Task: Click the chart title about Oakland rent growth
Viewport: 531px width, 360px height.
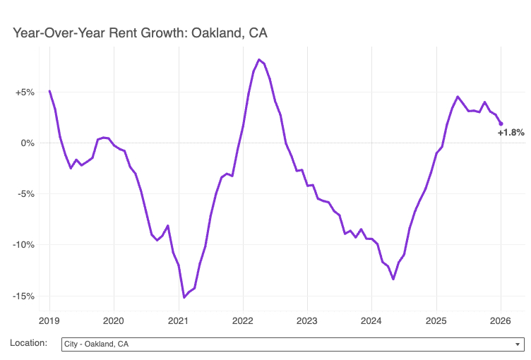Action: (140, 33)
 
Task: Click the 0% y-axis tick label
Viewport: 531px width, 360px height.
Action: (28, 143)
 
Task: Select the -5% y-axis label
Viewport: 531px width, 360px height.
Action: (25, 194)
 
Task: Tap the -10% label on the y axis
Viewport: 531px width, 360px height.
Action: (23, 245)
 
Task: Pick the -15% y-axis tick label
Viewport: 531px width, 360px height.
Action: (23, 296)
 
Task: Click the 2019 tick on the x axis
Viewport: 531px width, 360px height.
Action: (49, 321)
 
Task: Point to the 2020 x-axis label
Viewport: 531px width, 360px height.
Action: (114, 321)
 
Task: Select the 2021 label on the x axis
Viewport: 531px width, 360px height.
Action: (179, 321)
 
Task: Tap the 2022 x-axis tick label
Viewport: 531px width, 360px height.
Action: (243, 321)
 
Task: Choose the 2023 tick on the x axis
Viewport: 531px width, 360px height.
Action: (307, 321)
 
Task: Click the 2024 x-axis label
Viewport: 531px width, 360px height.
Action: (371, 321)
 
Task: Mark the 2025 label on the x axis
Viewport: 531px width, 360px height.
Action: (436, 321)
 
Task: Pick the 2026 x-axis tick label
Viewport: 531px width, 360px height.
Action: (501, 321)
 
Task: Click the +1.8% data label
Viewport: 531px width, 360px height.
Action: (511, 133)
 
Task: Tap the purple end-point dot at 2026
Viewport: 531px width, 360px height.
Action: (501, 124)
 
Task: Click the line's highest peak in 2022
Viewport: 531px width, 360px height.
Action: (259, 59)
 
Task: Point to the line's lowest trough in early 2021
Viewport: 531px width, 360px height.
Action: (184, 297)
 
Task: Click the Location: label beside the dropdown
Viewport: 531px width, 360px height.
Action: (29, 344)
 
